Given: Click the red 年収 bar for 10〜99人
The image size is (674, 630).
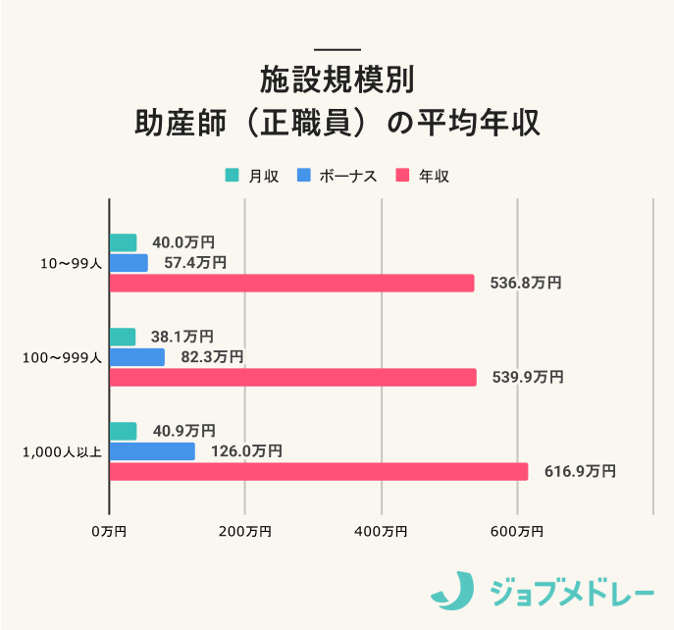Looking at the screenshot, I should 291,283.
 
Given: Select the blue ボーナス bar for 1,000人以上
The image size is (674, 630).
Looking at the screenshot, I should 152,451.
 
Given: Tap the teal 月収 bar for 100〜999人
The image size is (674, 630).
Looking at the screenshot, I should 123,338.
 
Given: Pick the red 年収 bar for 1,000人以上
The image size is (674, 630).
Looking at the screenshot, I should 318,471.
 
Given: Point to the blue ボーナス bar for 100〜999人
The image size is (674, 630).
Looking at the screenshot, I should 137,357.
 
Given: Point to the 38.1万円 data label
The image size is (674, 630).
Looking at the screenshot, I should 182,338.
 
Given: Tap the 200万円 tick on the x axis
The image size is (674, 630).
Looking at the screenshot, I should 245,531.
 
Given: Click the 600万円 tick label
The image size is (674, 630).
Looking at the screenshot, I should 517,531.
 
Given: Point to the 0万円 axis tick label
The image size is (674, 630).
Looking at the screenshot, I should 109,531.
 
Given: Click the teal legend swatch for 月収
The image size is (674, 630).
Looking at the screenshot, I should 232,176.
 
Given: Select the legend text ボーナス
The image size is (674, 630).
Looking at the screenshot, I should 347,176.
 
